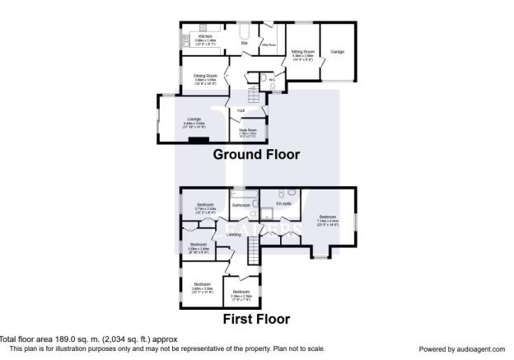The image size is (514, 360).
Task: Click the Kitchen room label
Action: (206, 36)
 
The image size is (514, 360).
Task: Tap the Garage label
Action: (337, 52)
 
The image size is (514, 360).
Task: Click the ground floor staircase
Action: (258, 96)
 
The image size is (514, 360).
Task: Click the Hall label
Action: (241, 110)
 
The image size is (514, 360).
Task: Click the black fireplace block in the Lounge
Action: (198, 138)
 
